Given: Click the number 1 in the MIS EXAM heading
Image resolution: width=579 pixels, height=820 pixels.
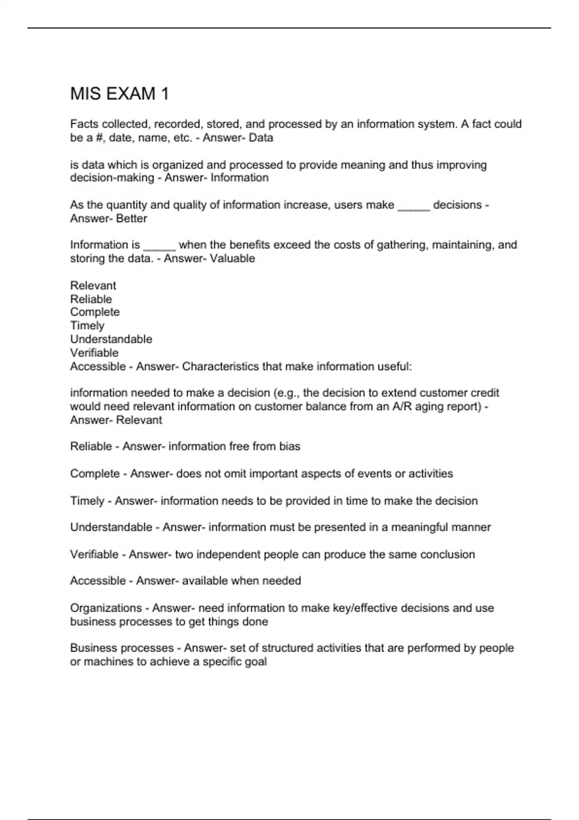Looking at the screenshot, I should tap(165, 94).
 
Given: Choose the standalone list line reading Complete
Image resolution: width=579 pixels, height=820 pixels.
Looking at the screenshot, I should tap(95, 312).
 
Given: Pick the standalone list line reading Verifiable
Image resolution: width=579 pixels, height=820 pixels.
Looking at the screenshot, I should tap(94, 353).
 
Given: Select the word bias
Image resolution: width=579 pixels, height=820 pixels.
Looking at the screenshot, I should tap(289, 447).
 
